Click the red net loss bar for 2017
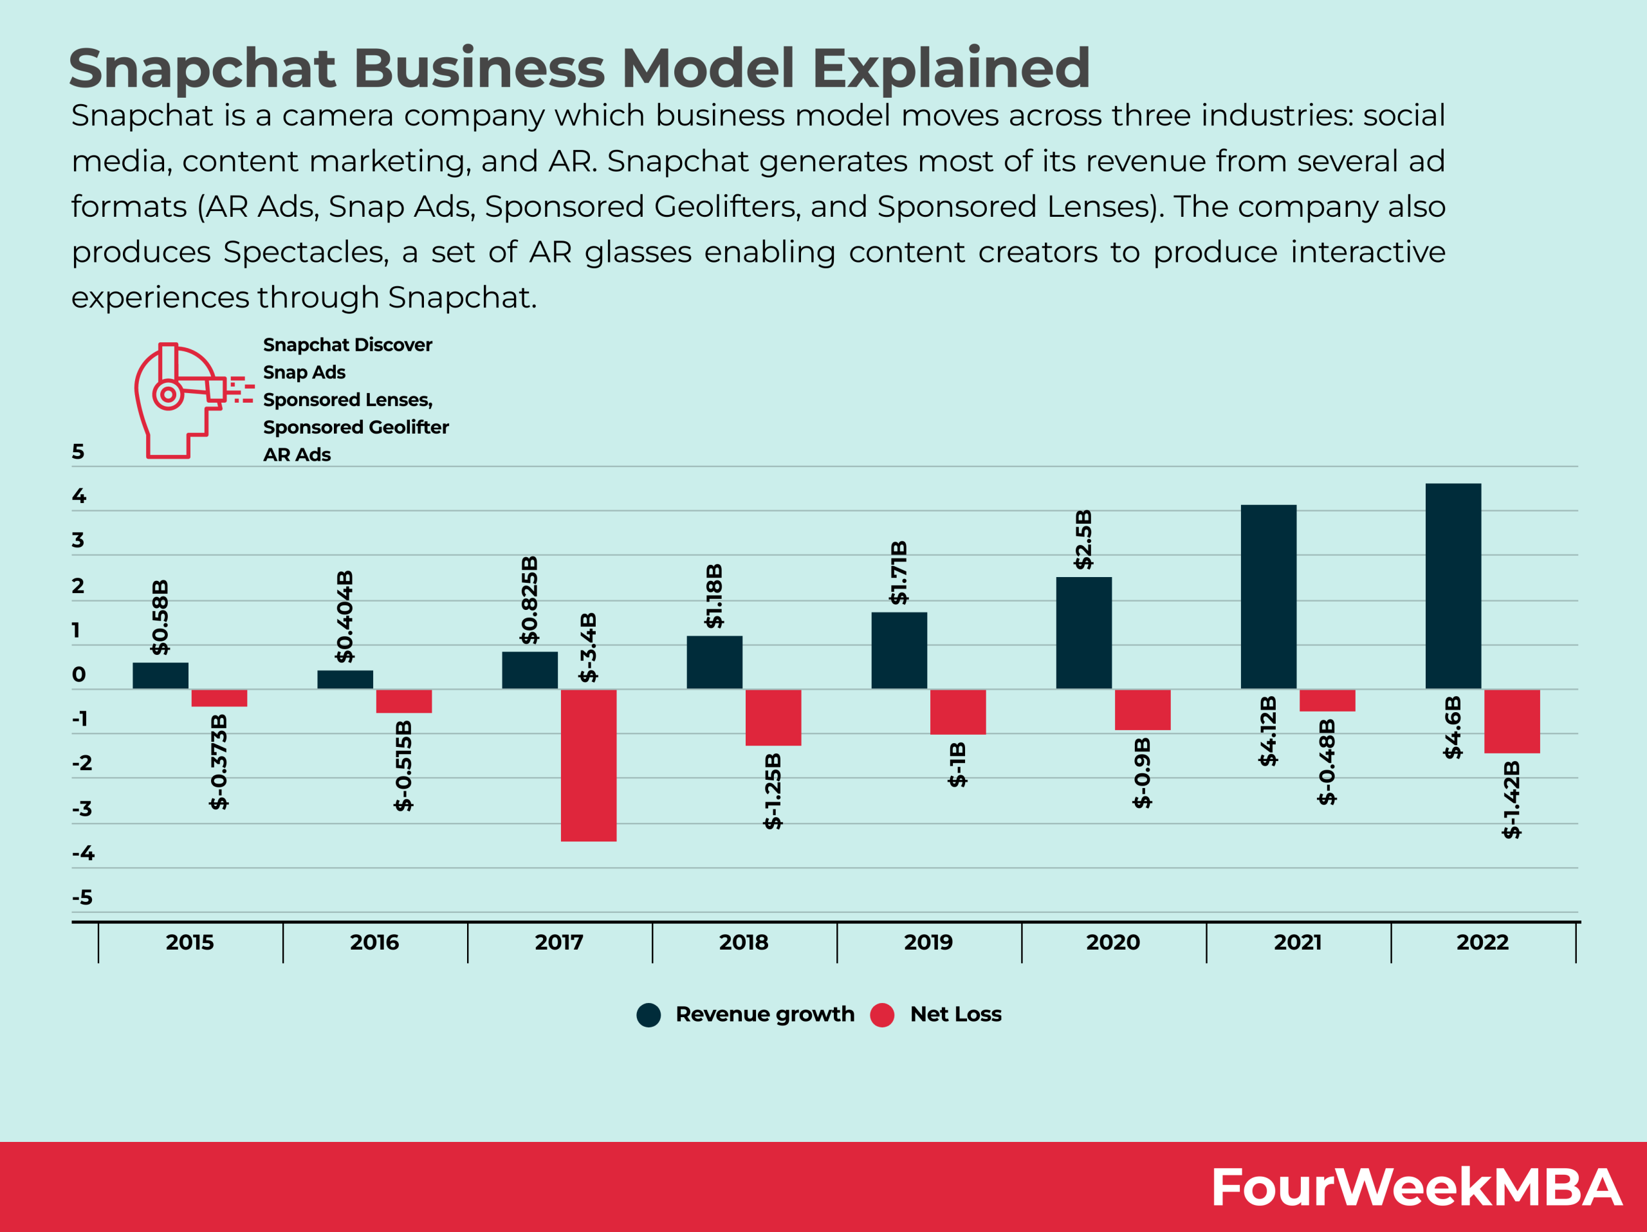pyautogui.click(x=588, y=765)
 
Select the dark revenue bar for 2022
pyautogui.click(x=1453, y=586)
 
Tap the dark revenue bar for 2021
pyautogui.click(x=1268, y=596)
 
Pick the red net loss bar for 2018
pyautogui.click(x=773, y=717)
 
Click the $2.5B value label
pyautogui.click(x=1083, y=539)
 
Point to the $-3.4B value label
pyautogui.click(x=588, y=647)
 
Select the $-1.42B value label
pyautogui.click(x=1511, y=799)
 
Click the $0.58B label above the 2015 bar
pyautogui.click(x=160, y=616)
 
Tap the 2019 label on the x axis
pyautogui.click(x=928, y=942)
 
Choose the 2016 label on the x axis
pyautogui.click(x=374, y=942)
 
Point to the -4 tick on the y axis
pyautogui.click(x=84, y=853)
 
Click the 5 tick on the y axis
pyautogui.click(x=78, y=452)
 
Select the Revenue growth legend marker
pyautogui.click(x=649, y=1015)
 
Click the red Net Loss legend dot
pyautogui.click(x=881, y=1015)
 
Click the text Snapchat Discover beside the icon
pyautogui.click(x=347, y=345)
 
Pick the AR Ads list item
pyautogui.click(x=297, y=455)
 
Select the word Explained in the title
pyautogui.click(x=951, y=68)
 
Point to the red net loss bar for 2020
pyautogui.click(x=1142, y=710)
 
